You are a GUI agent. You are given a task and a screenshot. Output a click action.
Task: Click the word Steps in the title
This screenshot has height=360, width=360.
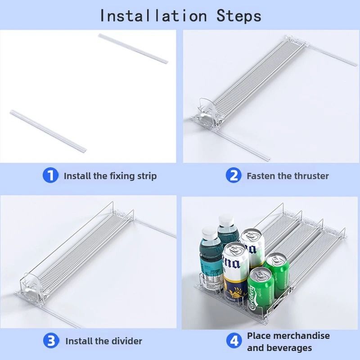point(239,16)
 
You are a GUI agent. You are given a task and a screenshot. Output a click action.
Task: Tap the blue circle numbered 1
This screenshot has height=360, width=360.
point(50,175)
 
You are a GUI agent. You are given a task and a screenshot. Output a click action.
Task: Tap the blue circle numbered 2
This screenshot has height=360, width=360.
point(234,175)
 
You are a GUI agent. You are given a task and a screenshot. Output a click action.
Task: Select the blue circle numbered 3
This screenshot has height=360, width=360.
point(51,341)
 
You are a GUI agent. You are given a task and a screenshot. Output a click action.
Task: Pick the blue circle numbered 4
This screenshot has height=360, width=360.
point(234,341)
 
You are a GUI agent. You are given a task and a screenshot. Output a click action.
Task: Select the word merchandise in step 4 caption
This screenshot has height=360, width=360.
point(301,336)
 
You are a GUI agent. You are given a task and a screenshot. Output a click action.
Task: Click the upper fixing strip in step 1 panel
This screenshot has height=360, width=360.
point(133,49)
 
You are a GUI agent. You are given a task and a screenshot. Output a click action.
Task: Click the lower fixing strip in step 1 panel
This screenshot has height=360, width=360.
point(48,130)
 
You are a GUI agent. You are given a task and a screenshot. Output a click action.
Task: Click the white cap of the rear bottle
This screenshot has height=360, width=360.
point(226,220)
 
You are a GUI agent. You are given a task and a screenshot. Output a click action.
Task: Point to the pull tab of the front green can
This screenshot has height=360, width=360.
point(260,274)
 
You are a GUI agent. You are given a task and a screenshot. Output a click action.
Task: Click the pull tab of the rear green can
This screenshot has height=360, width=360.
point(276,260)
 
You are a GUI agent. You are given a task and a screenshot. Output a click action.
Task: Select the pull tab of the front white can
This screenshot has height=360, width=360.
point(235,249)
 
